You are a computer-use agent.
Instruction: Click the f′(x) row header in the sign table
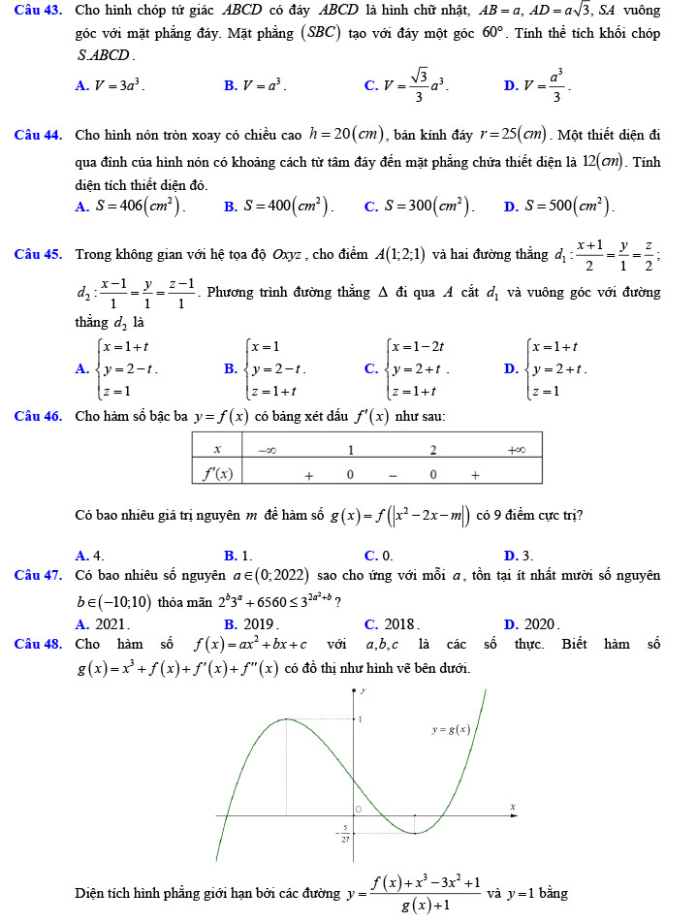coord(216,474)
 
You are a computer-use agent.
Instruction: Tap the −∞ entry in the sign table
coord(265,449)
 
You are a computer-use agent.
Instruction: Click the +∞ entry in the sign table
coord(516,449)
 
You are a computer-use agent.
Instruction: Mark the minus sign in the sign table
coord(392,475)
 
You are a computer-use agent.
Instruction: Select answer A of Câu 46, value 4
coord(95,555)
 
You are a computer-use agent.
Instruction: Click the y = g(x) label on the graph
coord(452,730)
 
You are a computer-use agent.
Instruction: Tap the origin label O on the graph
coord(357,808)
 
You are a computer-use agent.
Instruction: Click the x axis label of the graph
coord(513,807)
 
